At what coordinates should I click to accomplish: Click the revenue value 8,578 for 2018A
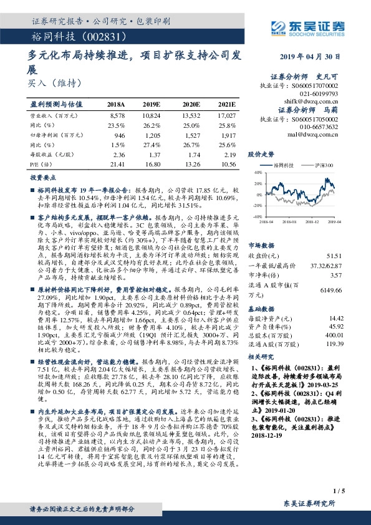tap(117, 116)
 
